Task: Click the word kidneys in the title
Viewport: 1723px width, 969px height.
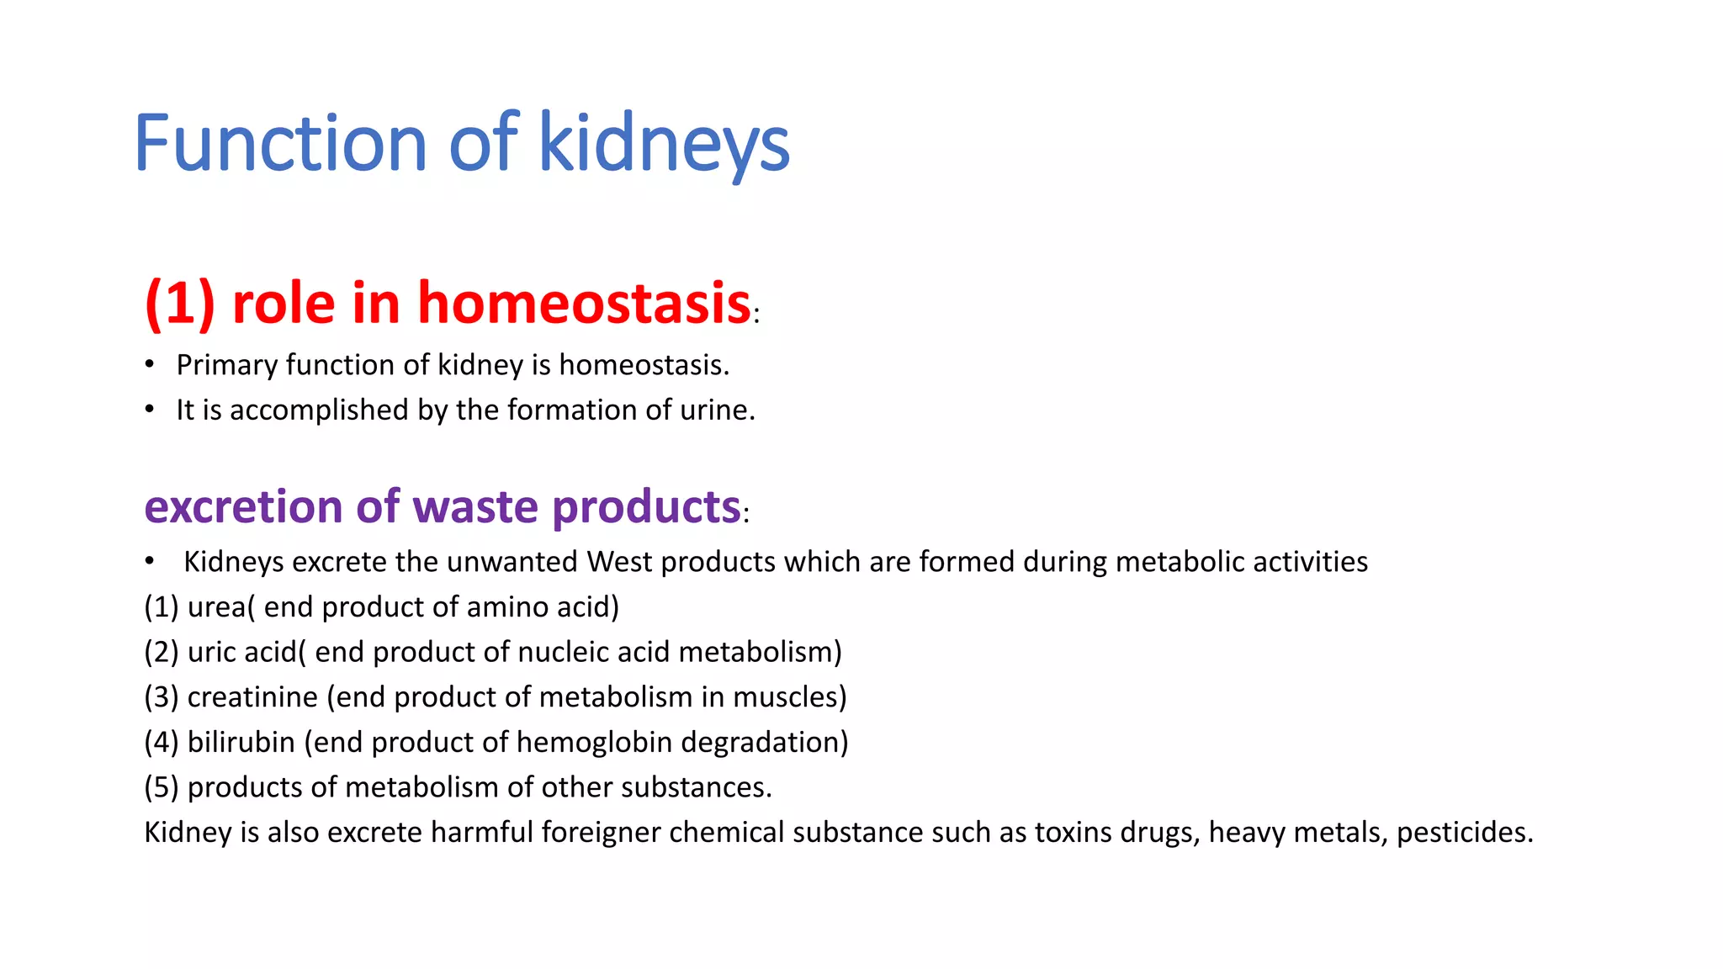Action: tap(664, 143)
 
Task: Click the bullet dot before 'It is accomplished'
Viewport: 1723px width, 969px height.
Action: tap(150, 409)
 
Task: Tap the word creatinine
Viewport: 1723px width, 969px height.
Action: tap(252, 696)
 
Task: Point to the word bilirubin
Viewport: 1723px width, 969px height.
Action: tap(241, 742)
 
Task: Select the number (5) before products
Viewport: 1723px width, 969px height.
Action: tap(161, 787)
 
